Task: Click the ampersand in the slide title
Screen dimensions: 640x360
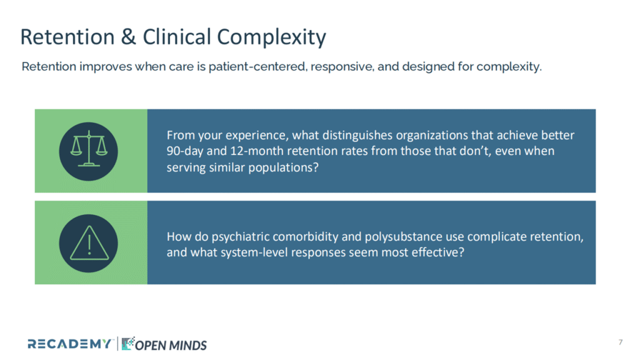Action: click(x=128, y=37)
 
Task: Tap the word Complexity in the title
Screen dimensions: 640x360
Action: click(x=271, y=37)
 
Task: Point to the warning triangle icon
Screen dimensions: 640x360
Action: click(x=89, y=244)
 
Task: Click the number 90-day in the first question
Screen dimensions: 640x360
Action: click(x=185, y=151)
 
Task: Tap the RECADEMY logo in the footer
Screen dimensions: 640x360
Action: click(x=69, y=344)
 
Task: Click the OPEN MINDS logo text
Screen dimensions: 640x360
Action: click(x=171, y=345)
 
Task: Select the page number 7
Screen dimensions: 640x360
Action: click(x=621, y=342)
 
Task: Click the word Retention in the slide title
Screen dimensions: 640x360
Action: click(x=67, y=37)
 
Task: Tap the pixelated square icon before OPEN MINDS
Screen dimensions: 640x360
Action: click(x=127, y=344)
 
